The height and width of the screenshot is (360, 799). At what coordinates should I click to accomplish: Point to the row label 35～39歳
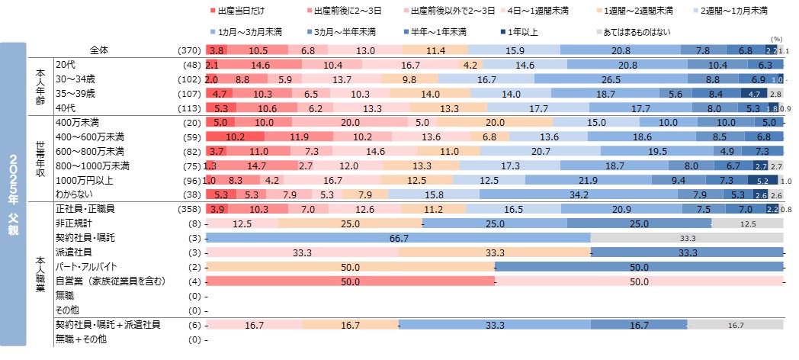pyautogui.click(x=75, y=93)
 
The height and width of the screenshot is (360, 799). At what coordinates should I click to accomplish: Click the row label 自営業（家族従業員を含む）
pyautogui.click(x=110, y=281)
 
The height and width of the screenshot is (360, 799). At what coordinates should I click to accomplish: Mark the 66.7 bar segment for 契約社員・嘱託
pyautogui.click(x=397, y=238)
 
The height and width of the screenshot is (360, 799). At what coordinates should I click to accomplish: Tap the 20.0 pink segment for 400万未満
pyautogui.click(x=350, y=122)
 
